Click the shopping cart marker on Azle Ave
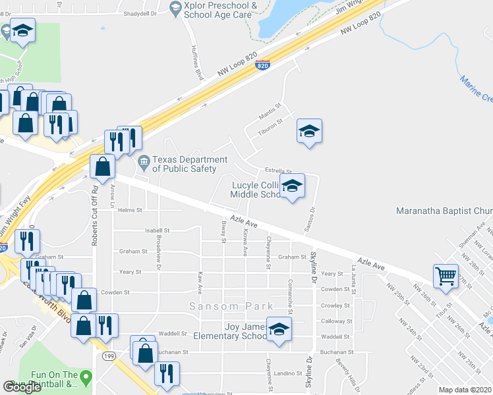point(446,276)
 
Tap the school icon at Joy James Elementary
point(279,329)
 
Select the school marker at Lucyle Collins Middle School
point(292,186)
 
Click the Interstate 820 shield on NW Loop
point(262,65)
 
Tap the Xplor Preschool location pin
point(175,9)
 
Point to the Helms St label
point(130,210)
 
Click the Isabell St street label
point(157,230)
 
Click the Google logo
point(22,386)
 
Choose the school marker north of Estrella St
point(308,131)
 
